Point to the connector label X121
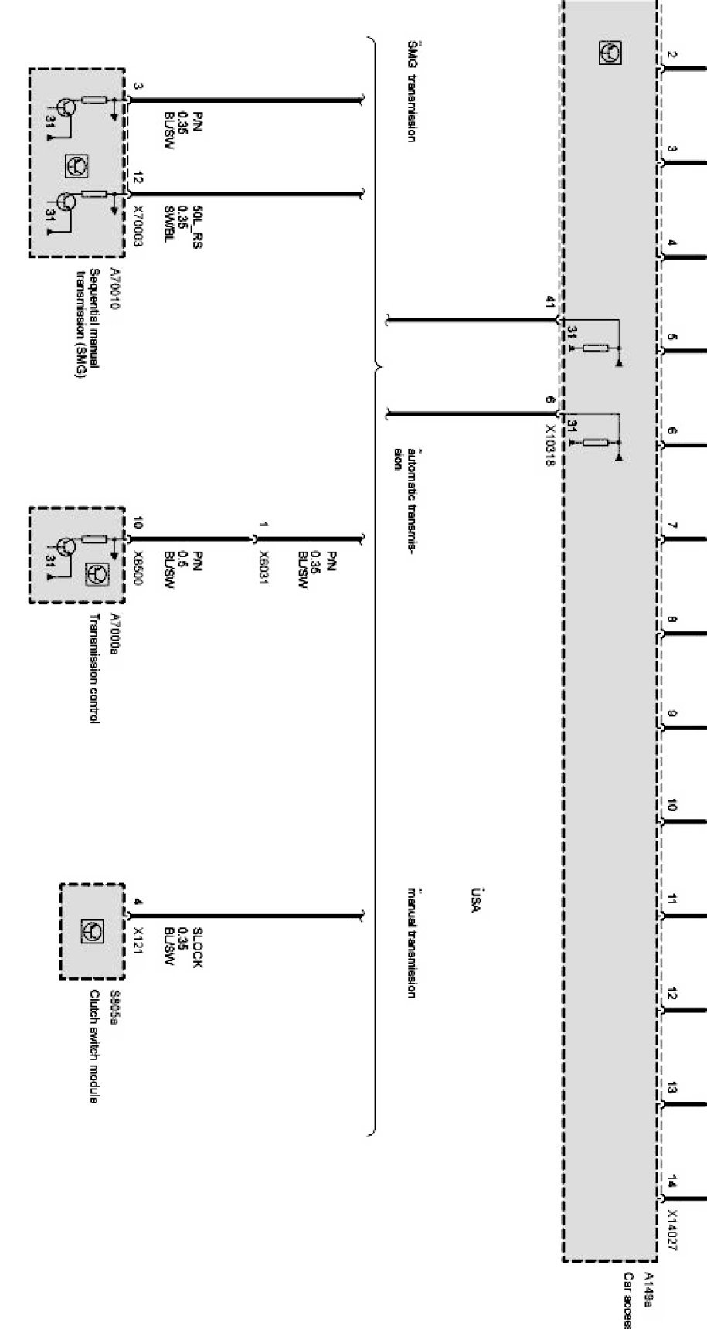click(138, 942)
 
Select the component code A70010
click(115, 289)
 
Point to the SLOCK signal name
click(197, 947)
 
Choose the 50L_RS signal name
click(197, 226)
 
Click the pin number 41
click(551, 302)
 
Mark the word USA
click(476, 900)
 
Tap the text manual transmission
click(411, 943)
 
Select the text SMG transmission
click(411, 90)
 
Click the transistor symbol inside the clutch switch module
click(93, 932)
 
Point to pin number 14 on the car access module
click(672, 1181)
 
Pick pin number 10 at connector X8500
click(138, 525)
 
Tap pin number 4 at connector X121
click(138, 902)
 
